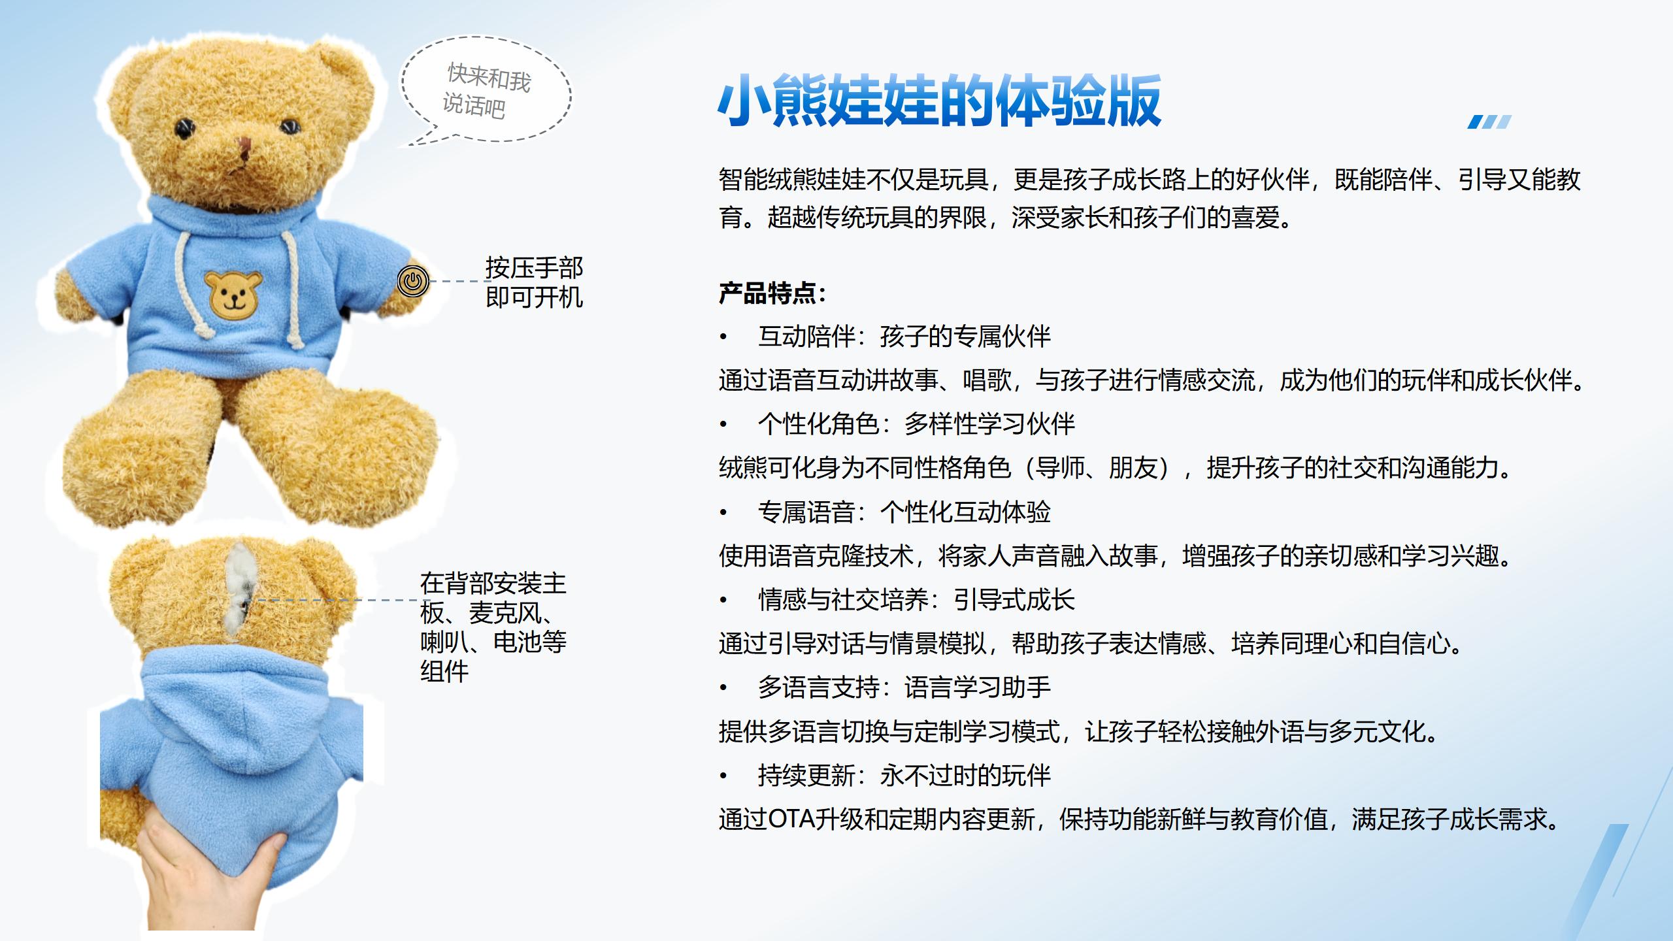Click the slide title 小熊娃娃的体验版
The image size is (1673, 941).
[x=939, y=101]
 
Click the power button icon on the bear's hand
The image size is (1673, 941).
[x=413, y=282]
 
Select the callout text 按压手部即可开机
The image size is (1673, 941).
[x=534, y=282]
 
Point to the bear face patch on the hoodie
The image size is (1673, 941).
[x=233, y=295]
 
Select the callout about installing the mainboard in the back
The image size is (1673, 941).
[x=493, y=627]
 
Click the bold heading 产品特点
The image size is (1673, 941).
[x=772, y=293]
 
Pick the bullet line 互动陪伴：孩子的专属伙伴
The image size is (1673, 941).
[x=904, y=337]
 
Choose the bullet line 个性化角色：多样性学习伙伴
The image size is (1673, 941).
[x=916, y=424]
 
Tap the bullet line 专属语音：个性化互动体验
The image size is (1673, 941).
[x=904, y=512]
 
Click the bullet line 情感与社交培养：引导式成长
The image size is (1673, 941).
[x=916, y=600]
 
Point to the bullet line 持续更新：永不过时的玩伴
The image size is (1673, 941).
[x=904, y=776]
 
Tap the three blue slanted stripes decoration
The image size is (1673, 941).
[x=1489, y=122]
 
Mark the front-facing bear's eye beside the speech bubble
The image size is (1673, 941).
[x=288, y=125]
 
